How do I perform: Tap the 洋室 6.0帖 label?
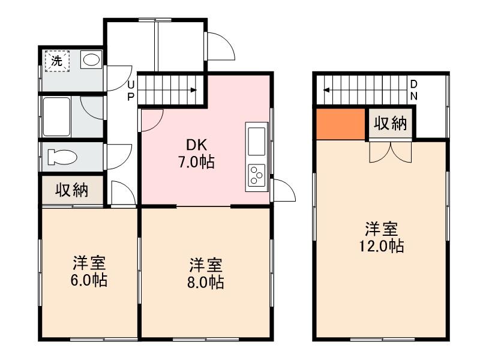click(90, 271)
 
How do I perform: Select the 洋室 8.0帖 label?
click(206, 273)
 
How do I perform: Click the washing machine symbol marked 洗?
click(56, 60)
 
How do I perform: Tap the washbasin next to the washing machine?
click(91, 59)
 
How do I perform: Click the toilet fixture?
click(62, 157)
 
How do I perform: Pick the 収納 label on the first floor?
click(73, 191)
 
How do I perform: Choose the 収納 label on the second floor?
click(391, 124)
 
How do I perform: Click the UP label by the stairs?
click(130, 90)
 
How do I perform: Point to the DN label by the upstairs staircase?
click(414, 90)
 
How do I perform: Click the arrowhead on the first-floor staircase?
click(194, 91)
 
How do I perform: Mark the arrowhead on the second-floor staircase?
click(326, 91)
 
